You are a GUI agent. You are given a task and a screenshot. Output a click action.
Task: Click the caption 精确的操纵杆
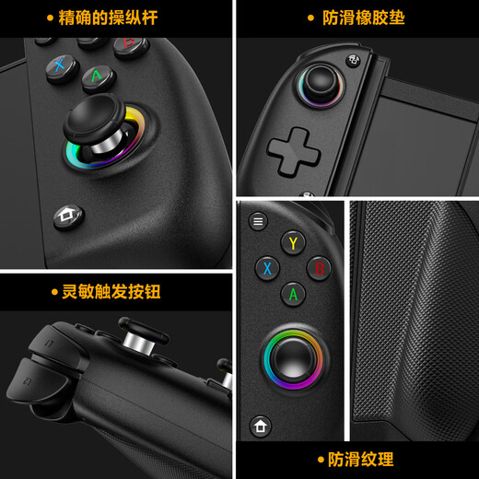tap(108, 18)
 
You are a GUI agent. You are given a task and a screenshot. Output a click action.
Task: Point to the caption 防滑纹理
tap(360, 459)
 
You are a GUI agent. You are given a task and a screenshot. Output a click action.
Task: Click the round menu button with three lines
tap(258, 221)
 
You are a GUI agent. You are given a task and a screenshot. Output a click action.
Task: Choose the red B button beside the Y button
tap(318, 268)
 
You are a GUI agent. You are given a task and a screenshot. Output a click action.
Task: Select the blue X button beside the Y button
tap(267, 268)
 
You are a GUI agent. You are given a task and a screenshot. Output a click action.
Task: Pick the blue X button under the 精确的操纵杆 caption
tap(61, 64)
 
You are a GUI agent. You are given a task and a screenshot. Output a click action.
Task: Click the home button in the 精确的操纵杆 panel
tap(65, 216)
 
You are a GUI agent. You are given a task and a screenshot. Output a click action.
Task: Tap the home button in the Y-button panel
tap(261, 427)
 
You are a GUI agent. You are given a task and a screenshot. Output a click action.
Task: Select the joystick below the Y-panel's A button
tap(294, 354)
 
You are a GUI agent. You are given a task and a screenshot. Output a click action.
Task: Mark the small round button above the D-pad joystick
tap(354, 60)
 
